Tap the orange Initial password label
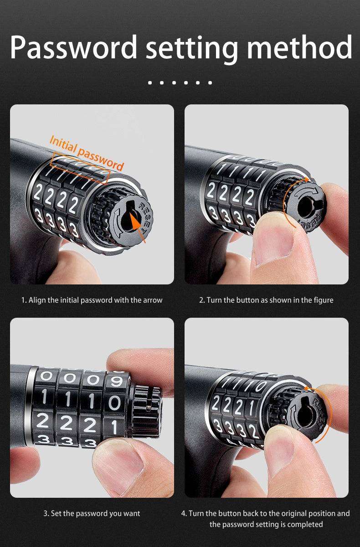coord(86,151)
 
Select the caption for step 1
coord(92,300)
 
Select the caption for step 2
coord(266,300)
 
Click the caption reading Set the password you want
coord(92,513)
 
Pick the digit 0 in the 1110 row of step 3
coord(115,403)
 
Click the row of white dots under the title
coord(180,83)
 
